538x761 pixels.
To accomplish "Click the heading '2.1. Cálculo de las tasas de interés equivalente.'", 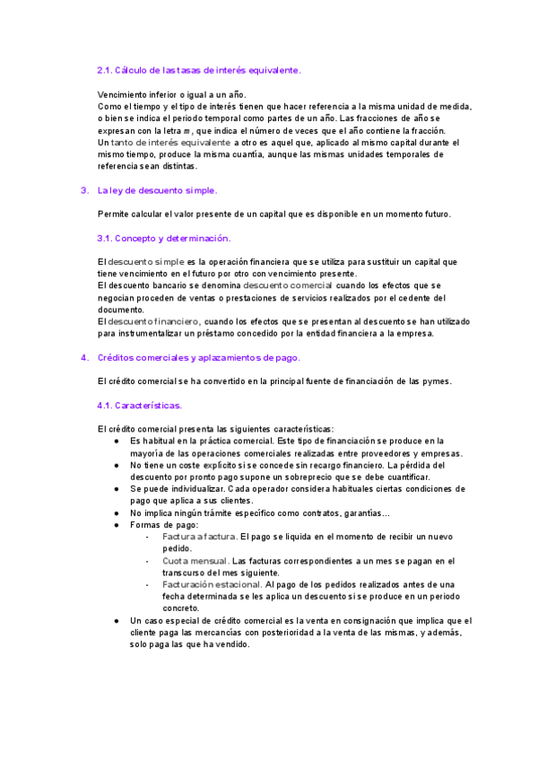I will coord(199,69).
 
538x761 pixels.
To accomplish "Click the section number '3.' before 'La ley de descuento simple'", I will coord(83,190).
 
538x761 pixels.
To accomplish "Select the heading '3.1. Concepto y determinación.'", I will coord(163,238).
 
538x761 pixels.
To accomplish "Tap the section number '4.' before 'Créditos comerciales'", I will coord(83,357).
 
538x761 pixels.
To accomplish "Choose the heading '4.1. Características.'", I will coord(139,405).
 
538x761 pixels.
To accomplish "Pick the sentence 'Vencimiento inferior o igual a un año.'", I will coord(171,94).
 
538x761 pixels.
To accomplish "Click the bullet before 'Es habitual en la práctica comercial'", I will coord(117,441).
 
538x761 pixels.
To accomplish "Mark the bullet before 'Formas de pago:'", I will coord(117,524).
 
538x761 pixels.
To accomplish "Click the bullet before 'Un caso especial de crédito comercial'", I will coord(117,620).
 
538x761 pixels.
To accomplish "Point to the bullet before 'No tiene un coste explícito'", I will coord(117,465).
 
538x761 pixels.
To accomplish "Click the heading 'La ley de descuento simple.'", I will coord(157,190).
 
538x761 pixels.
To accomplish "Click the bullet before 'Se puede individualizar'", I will coord(117,488).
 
